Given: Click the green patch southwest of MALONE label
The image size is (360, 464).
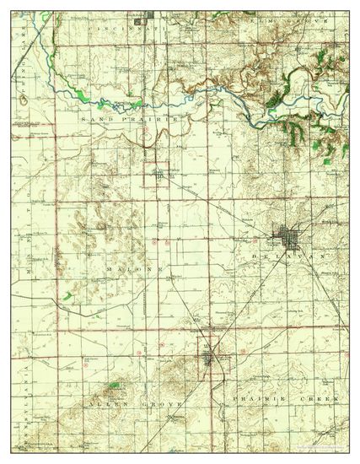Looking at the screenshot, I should [64, 296].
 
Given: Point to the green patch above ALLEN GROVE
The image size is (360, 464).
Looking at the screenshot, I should [115, 384].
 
